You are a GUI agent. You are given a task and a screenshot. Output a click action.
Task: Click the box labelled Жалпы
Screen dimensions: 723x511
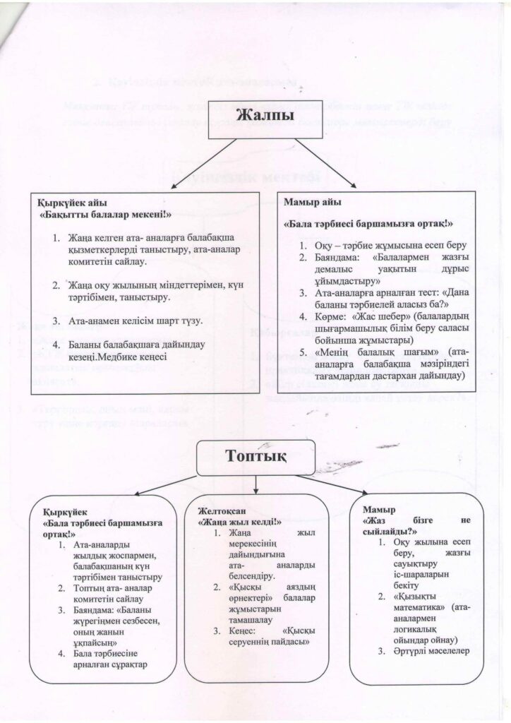point(255,116)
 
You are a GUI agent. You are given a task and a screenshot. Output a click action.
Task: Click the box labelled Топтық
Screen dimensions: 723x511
point(255,457)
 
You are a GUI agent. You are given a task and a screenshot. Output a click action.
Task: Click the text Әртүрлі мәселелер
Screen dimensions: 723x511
point(429,650)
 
